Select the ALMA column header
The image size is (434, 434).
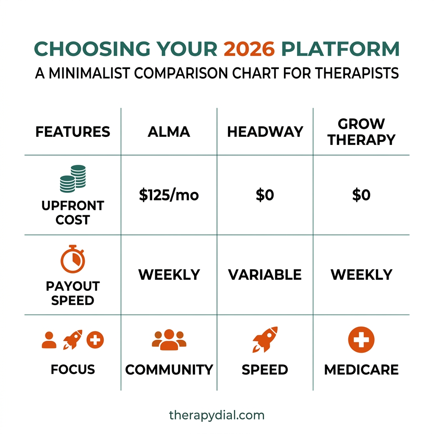[x=169, y=132]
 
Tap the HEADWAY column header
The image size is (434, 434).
[x=265, y=132]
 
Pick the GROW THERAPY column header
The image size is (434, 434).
[x=362, y=132]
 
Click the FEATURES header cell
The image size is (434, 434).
[x=72, y=132]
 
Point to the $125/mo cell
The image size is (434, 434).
[x=169, y=195]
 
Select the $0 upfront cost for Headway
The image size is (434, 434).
[x=265, y=195]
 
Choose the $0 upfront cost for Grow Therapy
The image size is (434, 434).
[x=362, y=195]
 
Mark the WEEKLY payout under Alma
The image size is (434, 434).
[x=169, y=275]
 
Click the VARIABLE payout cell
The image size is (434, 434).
[x=265, y=275]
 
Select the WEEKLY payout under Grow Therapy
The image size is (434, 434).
[x=362, y=275]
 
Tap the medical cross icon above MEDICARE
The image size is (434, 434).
[x=361, y=340]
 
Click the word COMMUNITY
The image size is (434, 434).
[x=169, y=370]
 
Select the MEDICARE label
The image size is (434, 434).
[x=362, y=370]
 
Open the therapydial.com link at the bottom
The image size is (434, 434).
[x=217, y=415]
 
